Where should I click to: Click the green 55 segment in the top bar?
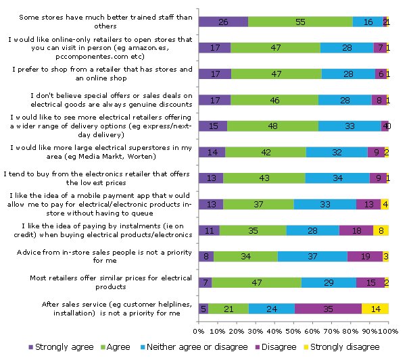pos(299,22)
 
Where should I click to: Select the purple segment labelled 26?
pos(223,22)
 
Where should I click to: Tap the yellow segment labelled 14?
pos(375,309)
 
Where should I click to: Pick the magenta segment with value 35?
pos(328,309)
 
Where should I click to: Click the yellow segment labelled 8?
pos(381,230)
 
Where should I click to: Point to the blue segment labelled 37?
pos(312,256)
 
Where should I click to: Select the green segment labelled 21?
pos(228,309)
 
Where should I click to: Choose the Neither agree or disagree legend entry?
pos(193,346)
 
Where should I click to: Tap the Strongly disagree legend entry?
pos(345,346)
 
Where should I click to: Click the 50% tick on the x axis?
pos(294,331)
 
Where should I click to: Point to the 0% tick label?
pos(199,331)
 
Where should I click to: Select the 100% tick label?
pos(389,331)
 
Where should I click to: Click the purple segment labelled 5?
pos(203,309)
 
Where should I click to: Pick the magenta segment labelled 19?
pos(364,256)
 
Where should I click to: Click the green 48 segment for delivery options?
pos(272,126)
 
